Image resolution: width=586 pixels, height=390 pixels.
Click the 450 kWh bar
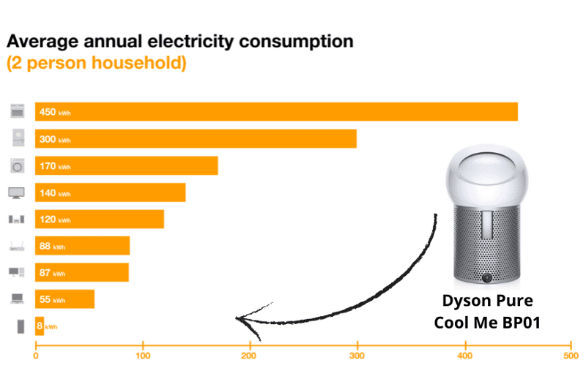point(276,112)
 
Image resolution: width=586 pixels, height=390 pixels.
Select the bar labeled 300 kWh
point(196,139)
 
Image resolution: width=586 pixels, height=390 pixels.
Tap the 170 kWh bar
point(126,166)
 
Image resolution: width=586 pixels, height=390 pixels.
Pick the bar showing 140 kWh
point(110,193)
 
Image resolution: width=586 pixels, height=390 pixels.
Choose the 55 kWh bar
point(64,299)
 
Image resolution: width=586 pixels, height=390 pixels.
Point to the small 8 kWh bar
point(40,326)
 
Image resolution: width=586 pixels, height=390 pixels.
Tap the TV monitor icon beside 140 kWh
point(17,193)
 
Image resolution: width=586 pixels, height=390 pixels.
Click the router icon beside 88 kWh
point(17,246)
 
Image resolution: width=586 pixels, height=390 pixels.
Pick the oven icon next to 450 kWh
point(18,112)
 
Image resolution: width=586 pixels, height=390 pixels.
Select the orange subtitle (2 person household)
point(96,63)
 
